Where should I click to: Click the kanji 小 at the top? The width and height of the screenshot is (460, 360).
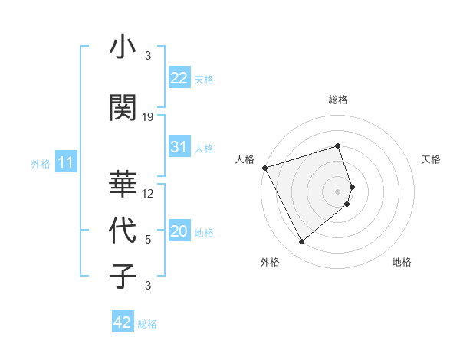click(123, 47)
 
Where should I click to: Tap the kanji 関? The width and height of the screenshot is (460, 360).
click(123, 108)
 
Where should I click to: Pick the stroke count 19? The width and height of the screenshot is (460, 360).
click(148, 117)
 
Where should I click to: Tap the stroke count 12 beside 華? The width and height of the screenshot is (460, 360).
click(148, 194)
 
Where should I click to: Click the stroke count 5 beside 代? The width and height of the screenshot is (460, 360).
click(148, 240)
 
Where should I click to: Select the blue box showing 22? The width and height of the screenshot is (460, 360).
click(179, 78)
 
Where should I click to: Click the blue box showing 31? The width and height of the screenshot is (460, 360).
click(179, 147)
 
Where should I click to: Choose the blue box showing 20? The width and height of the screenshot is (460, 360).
click(179, 231)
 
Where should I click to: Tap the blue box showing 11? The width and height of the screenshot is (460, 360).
click(65, 162)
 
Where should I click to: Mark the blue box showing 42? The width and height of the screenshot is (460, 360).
click(123, 322)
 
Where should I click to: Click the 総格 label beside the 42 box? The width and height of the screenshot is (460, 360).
click(147, 324)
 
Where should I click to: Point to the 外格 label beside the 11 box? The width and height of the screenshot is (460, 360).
click(41, 163)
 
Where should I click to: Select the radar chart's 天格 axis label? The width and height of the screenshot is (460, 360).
click(431, 159)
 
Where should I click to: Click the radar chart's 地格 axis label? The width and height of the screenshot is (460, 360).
click(402, 262)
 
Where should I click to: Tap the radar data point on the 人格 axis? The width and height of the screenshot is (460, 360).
click(264, 167)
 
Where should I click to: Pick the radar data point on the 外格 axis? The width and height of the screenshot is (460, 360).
click(301, 242)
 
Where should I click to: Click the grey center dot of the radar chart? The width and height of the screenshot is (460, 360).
click(338, 191)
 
